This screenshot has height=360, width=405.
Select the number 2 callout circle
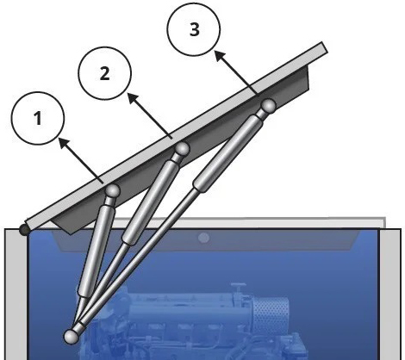click(x=104, y=73)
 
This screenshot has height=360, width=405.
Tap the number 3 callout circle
click(x=196, y=28)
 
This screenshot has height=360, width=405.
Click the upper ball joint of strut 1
click(x=112, y=190)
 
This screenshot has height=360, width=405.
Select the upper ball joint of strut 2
click(x=181, y=150)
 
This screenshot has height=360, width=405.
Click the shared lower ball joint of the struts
click(x=72, y=334)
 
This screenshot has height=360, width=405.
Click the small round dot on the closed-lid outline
click(x=203, y=237)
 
